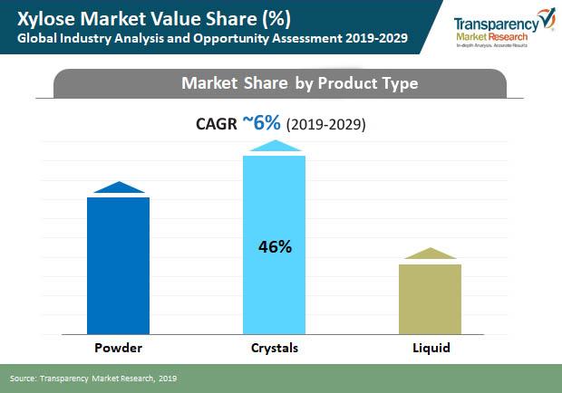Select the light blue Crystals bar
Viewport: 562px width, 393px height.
point(274,244)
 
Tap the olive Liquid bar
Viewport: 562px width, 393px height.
point(431,298)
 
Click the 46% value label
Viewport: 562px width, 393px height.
point(274,245)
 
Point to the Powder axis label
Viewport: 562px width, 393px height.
point(118,348)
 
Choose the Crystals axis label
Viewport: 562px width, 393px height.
point(274,348)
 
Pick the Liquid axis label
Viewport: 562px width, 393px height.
point(431,348)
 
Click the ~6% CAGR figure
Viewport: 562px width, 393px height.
point(261,123)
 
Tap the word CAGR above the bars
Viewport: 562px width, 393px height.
point(218,124)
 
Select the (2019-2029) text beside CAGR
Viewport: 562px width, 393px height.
point(325,125)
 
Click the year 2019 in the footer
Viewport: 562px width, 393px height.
point(166,377)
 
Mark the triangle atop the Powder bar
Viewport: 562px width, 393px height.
point(119,187)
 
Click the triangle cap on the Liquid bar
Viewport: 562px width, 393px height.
point(431,254)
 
